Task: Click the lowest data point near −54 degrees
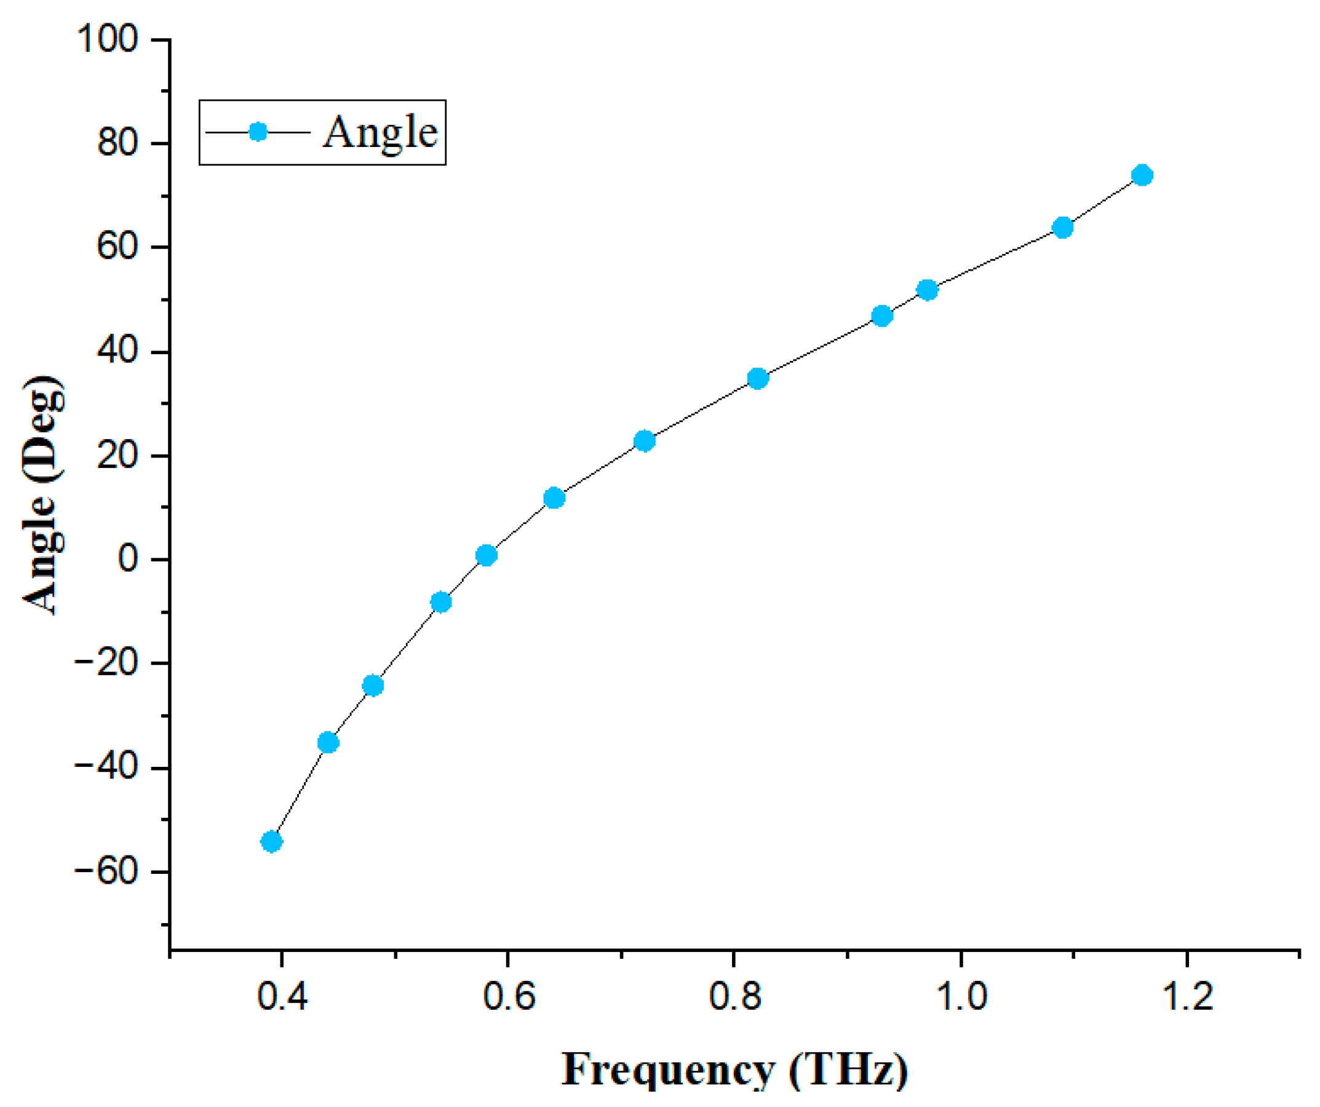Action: (271, 841)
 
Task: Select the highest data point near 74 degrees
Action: (1142, 175)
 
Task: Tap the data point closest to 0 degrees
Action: (487, 555)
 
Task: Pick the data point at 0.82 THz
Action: (758, 378)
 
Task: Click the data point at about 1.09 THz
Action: (1063, 228)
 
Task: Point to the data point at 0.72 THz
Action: (645, 441)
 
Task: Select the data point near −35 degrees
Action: (328, 742)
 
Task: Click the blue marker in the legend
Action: (258, 132)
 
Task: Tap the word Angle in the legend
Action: (380, 133)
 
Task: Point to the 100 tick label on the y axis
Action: (107, 39)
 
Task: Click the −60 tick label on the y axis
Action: (106, 872)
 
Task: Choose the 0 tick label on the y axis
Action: (127, 559)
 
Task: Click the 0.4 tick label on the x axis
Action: (282, 996)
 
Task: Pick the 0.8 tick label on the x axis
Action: (735, 996)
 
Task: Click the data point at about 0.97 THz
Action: (927, 290)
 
